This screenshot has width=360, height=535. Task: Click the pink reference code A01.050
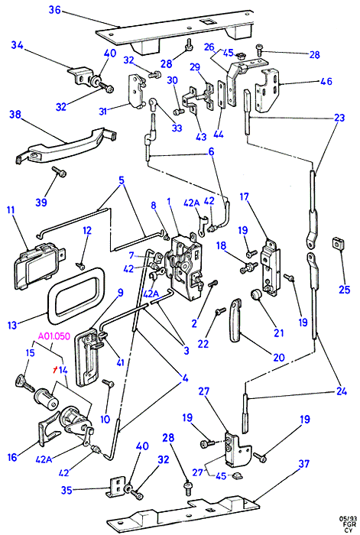point(54,337)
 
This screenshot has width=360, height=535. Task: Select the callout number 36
point(54,10)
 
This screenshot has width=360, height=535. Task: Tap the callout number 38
point(15,114)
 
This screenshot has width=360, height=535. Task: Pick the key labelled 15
point(24,383)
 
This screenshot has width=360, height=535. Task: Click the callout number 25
point(344,290)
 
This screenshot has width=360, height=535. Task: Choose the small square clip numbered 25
point(338,245)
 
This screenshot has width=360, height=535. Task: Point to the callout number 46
point(326,81)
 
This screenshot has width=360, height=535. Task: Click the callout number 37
point(303,464)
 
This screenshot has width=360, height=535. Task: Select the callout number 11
point(11,209)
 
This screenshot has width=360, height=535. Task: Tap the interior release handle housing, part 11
point(38,262)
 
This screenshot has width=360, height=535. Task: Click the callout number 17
point(244,197)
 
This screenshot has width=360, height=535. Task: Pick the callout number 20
point(279,357)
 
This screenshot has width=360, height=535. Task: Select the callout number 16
point(12,457)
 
